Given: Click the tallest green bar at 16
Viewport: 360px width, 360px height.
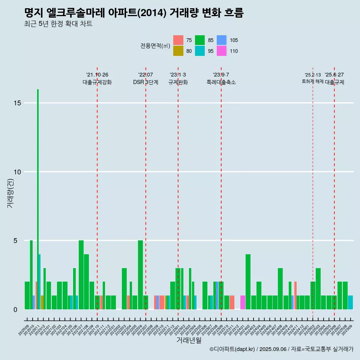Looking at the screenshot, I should [x=38, y=187].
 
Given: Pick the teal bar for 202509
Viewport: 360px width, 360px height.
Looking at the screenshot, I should [x=350, y=302].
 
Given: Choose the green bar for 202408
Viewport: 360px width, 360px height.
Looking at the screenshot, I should [x=280, y=289].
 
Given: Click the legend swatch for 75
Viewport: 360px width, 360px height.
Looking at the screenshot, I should [x=178, y=40].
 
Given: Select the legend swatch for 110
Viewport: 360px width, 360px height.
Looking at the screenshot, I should [x=222, y=51].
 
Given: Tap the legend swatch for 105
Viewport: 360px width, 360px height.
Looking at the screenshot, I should [x=222, y=40].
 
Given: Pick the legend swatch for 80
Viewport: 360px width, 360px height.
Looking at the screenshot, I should [x=178, y=51].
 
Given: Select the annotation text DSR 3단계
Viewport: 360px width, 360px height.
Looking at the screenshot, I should [x=145, y=82].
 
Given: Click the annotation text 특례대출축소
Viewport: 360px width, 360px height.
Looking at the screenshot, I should [x=221, y=82].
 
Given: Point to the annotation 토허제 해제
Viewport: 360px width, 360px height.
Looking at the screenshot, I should [x=312, y=81].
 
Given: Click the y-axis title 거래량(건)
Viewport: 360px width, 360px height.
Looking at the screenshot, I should [x=10, y=193].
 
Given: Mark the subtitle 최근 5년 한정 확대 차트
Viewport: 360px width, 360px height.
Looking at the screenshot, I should [x=58, y=24].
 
